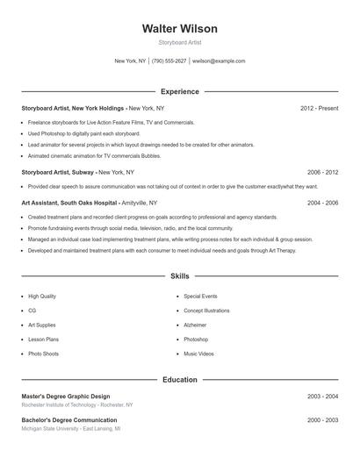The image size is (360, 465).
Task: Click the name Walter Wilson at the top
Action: tap(179, 29)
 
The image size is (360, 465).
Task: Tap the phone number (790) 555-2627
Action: tap(169, 61)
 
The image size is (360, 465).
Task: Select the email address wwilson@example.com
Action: tap(219, 61)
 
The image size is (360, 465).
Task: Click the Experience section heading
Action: tap(179, 91)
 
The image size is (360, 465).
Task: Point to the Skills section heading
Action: tap(179, 275)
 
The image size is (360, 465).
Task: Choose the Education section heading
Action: tap(179, 379)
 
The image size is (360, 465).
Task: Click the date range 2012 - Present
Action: tap(319, 108)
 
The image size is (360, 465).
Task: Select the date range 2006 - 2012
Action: tap(322, 173)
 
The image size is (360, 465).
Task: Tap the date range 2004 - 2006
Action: tap(322, 202)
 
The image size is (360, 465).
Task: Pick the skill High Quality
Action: tap(41, 297)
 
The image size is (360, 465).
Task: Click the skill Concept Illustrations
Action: tap(206, 311)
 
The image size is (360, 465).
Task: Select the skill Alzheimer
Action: tap(196, 325)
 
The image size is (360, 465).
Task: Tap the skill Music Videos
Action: tap(198, 354)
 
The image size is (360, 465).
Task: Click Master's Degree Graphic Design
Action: tap(66, 397)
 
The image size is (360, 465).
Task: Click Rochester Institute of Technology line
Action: tap(77, 405)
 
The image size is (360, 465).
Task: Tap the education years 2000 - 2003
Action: tap(322, 420)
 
